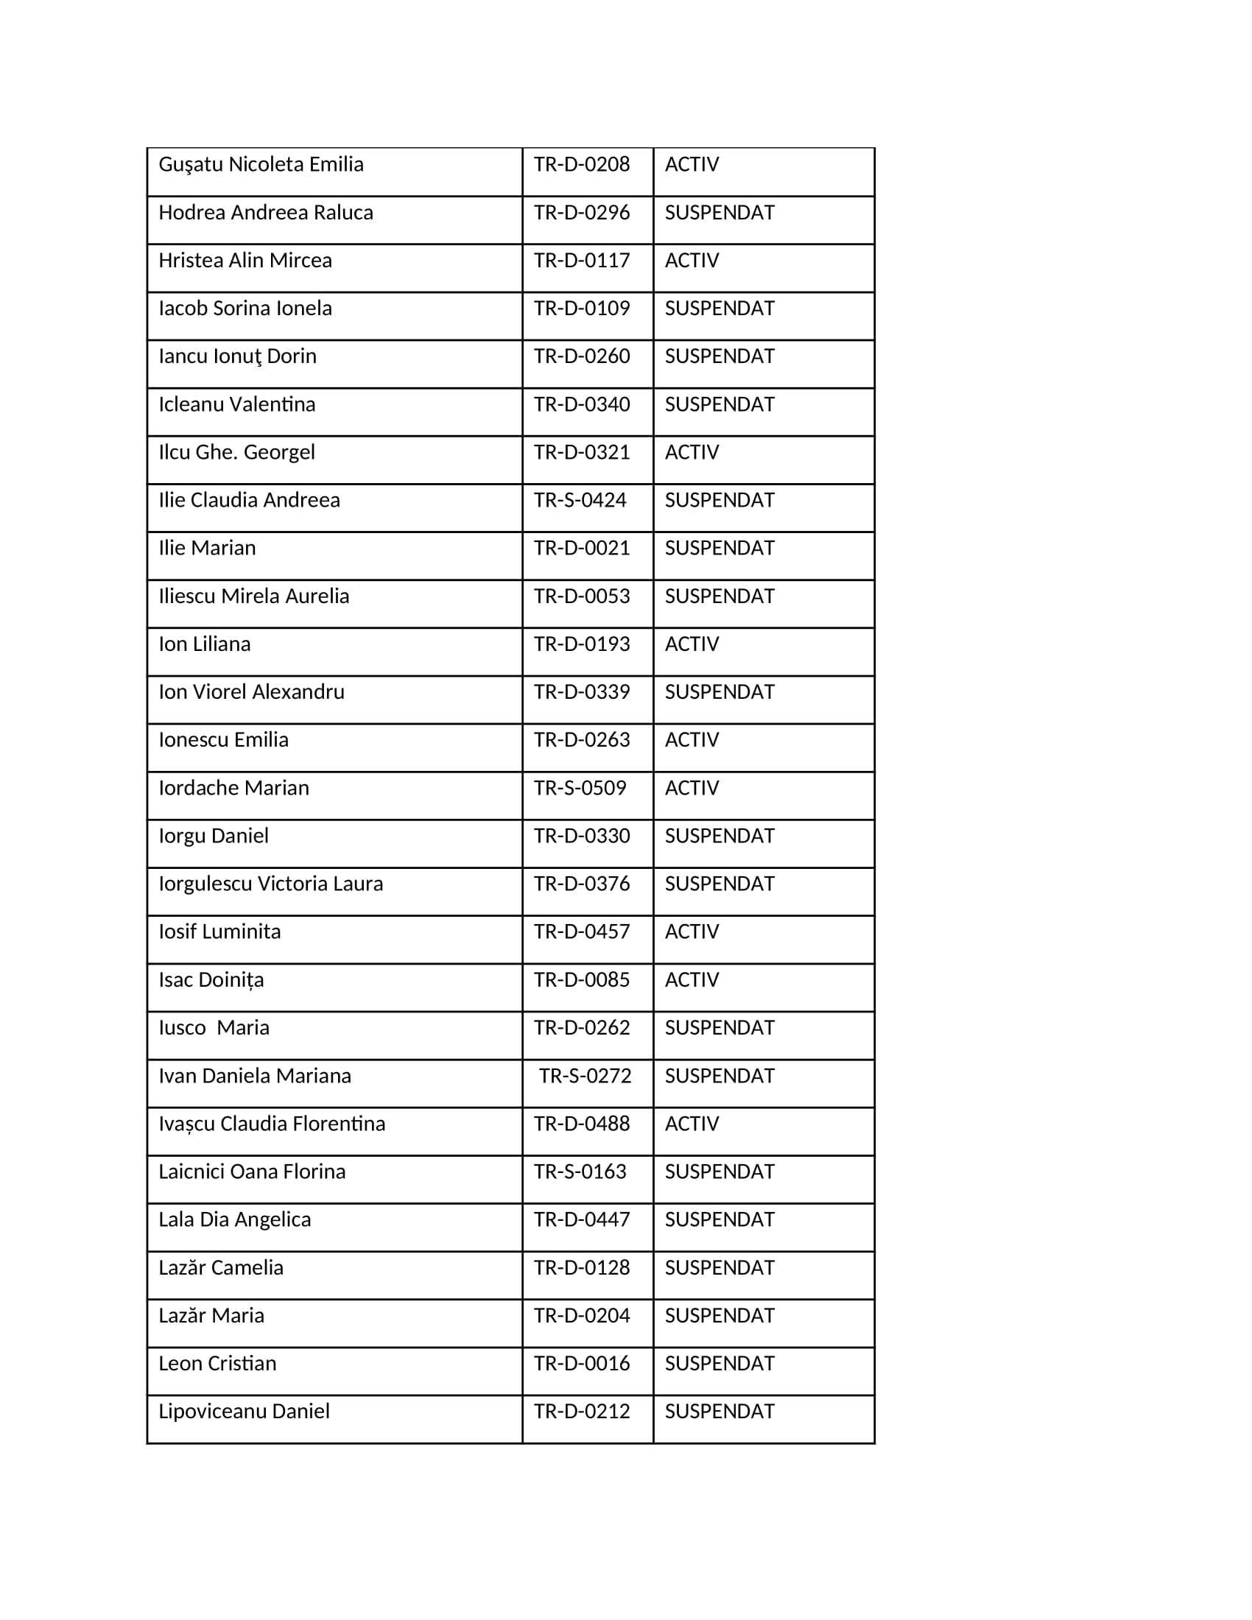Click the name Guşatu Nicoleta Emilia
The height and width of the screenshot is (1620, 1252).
261,165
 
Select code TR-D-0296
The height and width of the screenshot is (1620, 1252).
582,213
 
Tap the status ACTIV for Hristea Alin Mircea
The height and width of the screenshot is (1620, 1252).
692,261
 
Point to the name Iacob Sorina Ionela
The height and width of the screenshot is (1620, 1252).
245,309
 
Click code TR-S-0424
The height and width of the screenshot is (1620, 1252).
580,501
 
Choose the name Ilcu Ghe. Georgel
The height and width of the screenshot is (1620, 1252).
236,452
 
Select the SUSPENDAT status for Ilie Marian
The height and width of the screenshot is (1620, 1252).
719,548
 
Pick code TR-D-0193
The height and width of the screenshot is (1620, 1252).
582,644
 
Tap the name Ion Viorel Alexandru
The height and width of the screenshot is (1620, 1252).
251,692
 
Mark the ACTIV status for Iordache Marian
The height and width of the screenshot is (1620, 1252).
692,788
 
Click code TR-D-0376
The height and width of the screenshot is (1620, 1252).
582,884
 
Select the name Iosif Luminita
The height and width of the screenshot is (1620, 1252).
219,931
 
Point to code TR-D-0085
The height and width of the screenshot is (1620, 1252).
582,980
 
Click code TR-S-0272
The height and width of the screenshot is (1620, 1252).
585,1077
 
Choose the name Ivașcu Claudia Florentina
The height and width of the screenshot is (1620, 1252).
272,1124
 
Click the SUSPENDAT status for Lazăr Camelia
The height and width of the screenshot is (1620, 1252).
719,1268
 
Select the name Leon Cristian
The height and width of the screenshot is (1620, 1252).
217,1363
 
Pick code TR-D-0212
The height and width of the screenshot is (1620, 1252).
582,1412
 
